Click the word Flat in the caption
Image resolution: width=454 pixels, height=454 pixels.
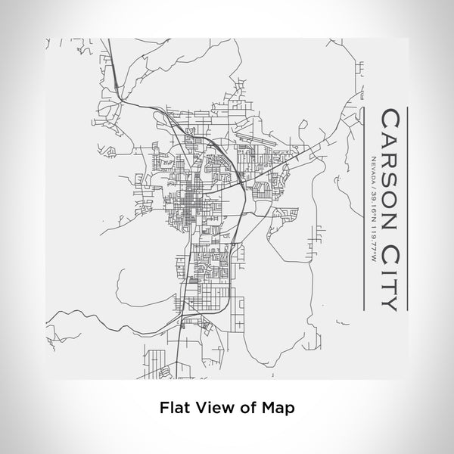[x=173, y=407]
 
